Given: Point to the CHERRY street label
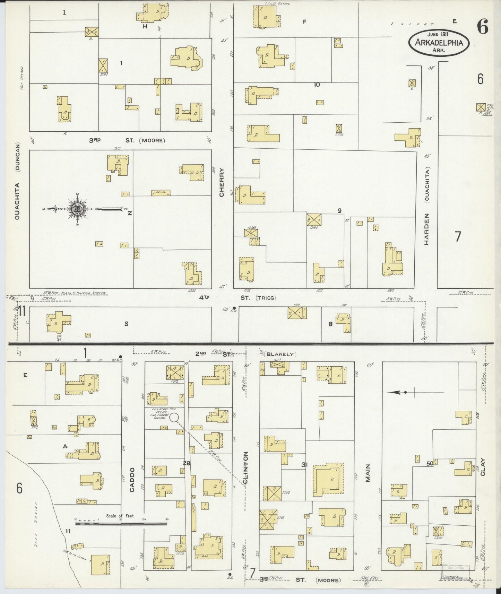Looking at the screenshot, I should pos(222,183).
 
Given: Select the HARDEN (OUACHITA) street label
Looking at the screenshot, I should pos(427,206).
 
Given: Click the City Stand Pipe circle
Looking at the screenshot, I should pos(174,417).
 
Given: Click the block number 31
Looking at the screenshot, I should pos(305,465).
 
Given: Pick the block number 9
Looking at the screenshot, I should pos(339,210).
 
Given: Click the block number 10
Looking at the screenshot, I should pos(317,84).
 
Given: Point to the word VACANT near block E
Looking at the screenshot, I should pos(412,24).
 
